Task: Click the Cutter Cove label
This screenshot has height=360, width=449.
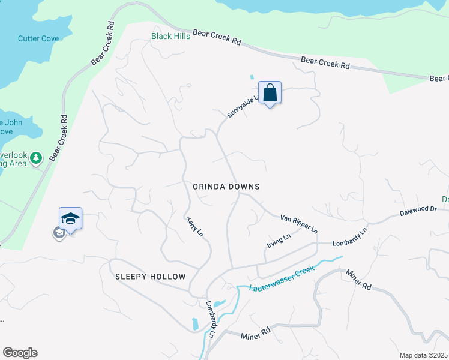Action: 38,38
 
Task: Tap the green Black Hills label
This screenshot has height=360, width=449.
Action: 170,36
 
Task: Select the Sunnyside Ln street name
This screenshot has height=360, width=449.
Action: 242,106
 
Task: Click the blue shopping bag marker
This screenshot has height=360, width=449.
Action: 270,93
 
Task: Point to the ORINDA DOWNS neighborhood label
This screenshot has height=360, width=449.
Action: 226,187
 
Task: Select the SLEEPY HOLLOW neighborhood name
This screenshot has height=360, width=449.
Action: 151,277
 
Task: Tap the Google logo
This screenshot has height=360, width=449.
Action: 20,353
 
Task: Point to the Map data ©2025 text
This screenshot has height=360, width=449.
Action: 424,355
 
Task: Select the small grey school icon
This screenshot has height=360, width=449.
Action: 59,233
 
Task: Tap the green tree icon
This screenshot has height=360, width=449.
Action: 36,158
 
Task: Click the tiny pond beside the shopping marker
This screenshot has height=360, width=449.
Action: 252,77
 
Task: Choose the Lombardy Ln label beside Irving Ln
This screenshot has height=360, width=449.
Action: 349,238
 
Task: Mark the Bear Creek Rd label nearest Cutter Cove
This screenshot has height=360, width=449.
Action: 103,46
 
